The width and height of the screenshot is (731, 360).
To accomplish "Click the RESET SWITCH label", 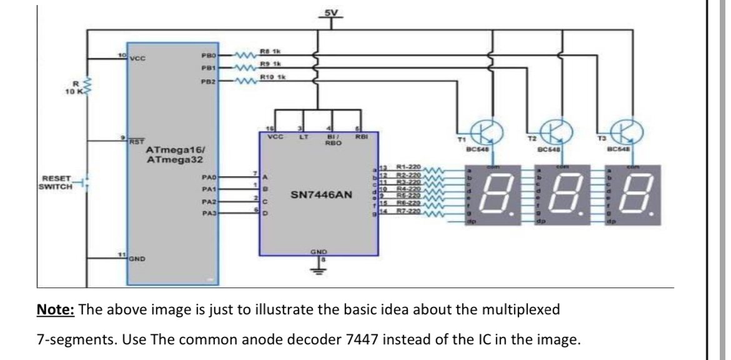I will pyautogui.click(x=54, y=182).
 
